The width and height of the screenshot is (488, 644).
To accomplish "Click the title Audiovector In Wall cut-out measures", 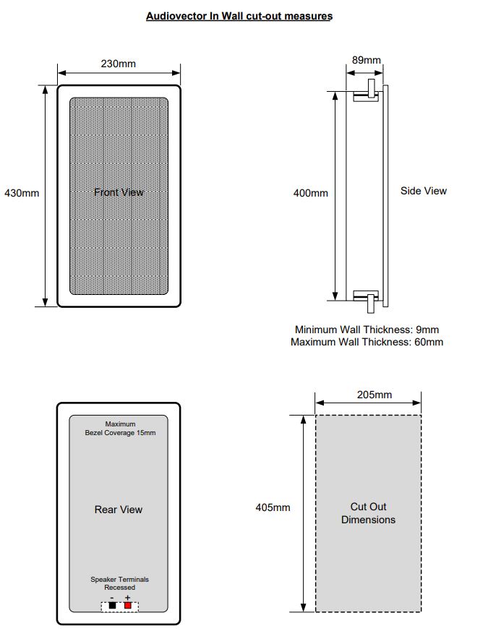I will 239,15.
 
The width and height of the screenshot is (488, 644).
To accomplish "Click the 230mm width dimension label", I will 118,64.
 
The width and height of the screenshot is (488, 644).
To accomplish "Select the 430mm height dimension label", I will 22,193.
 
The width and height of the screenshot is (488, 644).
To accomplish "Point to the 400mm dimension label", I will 310,193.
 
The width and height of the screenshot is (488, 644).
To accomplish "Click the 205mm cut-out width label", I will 374,395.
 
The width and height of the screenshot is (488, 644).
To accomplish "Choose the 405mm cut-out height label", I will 273,507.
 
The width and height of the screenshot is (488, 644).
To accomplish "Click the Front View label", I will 119,192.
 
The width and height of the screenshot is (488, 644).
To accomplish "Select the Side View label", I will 424,191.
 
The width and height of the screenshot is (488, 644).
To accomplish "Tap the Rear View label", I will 119,510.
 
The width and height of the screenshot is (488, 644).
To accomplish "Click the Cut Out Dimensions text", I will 368,513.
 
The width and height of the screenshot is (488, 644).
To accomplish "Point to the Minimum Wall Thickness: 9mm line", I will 367,329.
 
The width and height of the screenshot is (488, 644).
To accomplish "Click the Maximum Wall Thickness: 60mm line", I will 367,342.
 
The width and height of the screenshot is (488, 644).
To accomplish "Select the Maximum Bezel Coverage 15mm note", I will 120,429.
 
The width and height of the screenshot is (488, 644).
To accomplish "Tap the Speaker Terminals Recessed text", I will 119,583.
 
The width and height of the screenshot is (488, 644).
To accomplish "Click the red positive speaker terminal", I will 128,606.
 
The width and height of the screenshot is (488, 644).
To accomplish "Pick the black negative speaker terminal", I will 112,606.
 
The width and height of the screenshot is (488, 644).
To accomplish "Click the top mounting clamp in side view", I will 369,91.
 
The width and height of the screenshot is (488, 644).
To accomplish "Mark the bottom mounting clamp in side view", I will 369,298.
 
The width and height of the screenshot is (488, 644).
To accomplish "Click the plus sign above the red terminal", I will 128,597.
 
